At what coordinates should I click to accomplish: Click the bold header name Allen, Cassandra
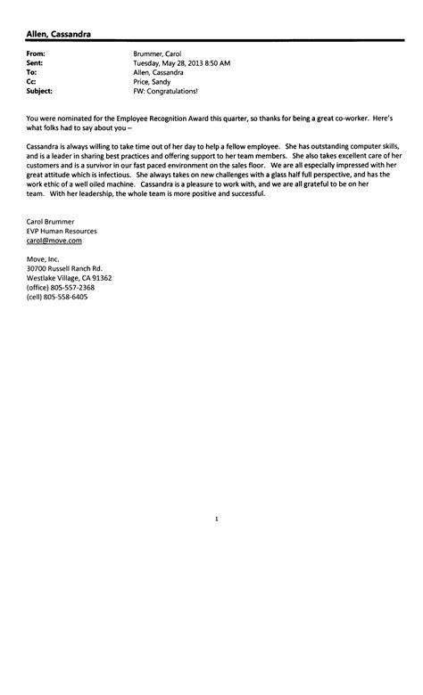(58, 34)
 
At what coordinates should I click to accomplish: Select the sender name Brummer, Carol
(157, 54)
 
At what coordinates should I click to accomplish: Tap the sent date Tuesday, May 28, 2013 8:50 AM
(181, 63)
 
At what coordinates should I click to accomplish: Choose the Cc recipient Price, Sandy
(153, 81)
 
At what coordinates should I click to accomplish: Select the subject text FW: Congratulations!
(165, 90)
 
